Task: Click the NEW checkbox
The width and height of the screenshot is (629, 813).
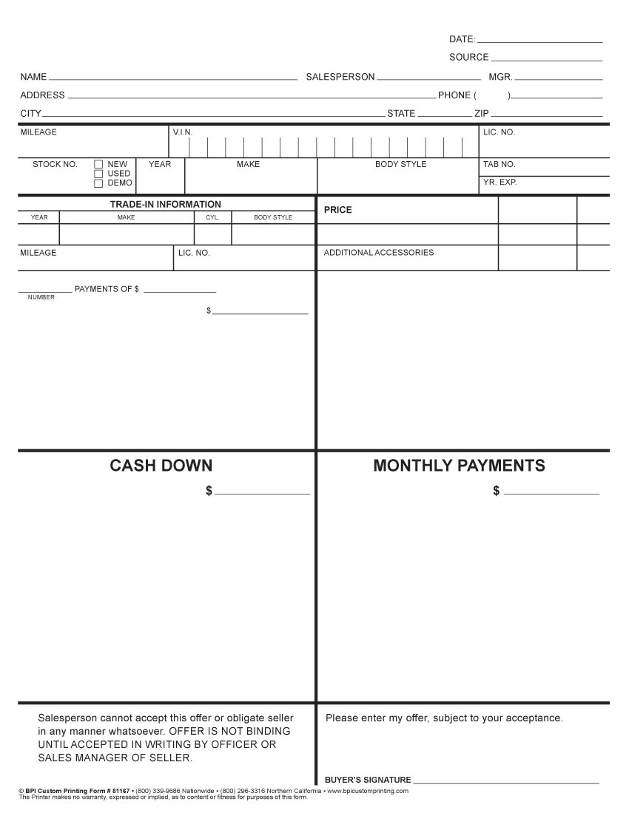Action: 98,165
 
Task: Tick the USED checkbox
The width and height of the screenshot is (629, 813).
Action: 98,174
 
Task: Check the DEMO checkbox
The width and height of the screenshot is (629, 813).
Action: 98,183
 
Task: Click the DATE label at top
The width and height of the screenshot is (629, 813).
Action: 462,39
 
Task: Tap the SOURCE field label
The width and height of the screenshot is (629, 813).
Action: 468,58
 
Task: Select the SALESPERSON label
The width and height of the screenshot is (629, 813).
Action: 340,77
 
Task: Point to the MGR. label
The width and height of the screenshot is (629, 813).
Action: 500,77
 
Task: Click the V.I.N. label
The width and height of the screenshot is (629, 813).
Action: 182,132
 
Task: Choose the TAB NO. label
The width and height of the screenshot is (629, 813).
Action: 499,165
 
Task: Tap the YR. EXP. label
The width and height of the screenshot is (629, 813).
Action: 500,182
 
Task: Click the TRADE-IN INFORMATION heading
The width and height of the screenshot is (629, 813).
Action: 166,205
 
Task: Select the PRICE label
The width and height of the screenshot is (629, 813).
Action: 338,210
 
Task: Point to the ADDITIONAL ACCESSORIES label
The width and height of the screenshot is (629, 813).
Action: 379,253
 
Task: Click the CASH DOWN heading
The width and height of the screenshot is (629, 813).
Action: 161,466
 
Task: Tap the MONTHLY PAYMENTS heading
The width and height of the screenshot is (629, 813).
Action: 459,466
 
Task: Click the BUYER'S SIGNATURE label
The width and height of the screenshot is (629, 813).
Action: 368,780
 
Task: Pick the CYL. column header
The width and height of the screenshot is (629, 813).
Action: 212,218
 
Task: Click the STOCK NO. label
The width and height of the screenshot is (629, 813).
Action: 55,165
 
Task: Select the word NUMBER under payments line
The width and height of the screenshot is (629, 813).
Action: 41,297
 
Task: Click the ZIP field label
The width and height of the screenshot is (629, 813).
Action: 481,114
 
